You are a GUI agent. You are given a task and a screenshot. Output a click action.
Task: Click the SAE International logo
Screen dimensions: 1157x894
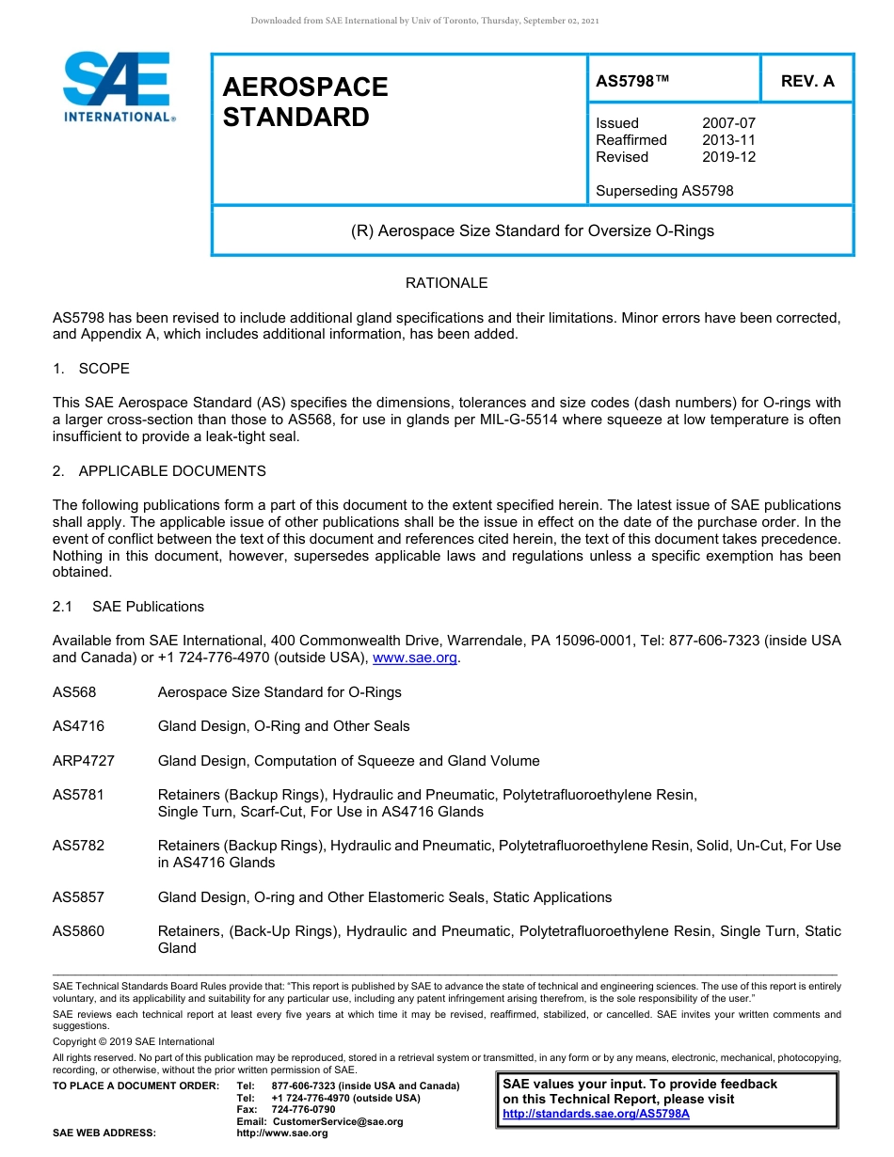click(x=117, y=87)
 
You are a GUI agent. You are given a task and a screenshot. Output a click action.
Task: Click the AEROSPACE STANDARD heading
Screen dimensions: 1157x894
click(x=305, y=102)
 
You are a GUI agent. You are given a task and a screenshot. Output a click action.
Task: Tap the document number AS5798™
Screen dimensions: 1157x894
click(x=632, y=81)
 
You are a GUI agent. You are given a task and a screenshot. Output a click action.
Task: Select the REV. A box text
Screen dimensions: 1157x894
click(x=807, y=81)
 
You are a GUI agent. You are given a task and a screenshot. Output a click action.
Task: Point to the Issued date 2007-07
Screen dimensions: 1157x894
click(x=728, y=123)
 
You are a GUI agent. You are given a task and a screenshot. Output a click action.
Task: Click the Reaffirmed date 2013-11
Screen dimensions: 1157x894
click(x=728, y=140)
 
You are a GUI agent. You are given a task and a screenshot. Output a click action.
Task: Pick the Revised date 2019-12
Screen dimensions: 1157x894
click(x=728, y=157)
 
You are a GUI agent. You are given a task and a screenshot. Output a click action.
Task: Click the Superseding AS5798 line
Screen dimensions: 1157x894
click(x=664, y=191)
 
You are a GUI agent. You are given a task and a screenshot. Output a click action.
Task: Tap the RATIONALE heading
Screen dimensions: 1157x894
click(x=446, y=283)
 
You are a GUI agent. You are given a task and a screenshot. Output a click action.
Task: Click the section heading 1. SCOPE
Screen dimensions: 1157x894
click(x=91, y=369)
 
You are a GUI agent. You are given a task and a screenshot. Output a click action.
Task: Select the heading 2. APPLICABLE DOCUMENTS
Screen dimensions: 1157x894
click(x=159, y=471)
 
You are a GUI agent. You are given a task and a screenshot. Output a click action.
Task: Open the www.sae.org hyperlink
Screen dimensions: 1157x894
click(x=415, y=658)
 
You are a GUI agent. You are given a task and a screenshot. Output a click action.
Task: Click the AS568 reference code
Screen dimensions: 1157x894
click(x=74, y=692)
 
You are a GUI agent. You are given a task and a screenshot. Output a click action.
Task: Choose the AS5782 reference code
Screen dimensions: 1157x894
click(x=78, y=846)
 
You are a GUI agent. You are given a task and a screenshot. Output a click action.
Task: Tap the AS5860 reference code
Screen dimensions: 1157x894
click(x=78, y=931)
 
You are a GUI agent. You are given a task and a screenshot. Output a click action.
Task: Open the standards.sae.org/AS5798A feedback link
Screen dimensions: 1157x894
click(x=596, y=1114)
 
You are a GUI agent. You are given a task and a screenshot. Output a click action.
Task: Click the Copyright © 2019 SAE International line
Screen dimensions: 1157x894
click(x=134, y=1041)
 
